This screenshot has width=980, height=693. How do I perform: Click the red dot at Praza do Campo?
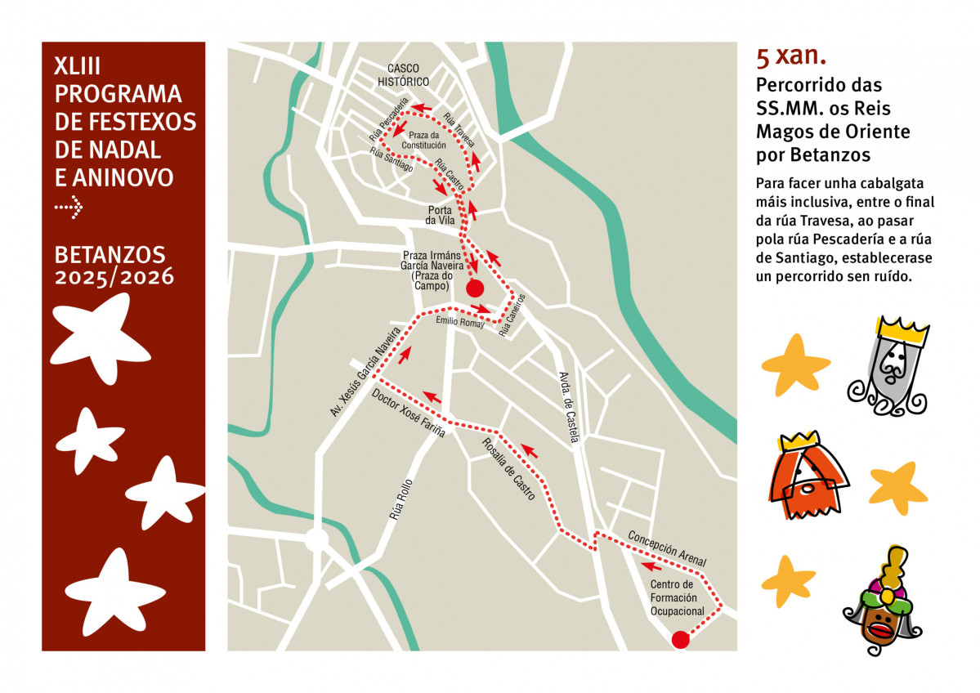[474, 288]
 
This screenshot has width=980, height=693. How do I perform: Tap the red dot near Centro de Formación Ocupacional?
[680, 640]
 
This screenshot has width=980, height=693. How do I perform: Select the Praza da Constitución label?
[424, 140]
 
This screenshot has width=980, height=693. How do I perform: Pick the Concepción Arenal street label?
[666, 548]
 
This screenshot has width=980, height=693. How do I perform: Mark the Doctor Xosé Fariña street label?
[409, 413]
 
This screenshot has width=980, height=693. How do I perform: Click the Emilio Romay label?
[460, 322]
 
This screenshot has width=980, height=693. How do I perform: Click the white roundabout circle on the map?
[316, 540]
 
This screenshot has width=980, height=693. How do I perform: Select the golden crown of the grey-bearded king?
[902, 330]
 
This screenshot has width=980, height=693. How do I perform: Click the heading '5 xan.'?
[791, 57]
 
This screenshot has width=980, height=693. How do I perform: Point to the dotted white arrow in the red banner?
[69, 208]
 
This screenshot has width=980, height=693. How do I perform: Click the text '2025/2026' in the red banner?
[114, 278]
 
